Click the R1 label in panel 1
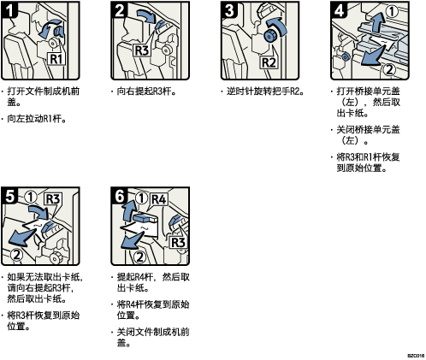[x=56, y=58]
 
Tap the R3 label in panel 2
[x=142, y=50]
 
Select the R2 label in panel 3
[x=269, y=62]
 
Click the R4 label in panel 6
[x=158, y=199]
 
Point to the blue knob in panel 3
[x=269, y=36]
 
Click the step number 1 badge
[x=9, y=10]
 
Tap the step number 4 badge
[x=339, y=10]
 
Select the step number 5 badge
[x=9, y=196]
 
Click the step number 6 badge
[x=120, y=196]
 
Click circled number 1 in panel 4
[x=392, y=11]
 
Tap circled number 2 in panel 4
[x=389, y=69]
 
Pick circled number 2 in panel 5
[x=16, y=255]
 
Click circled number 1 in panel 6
[x=141, y=198]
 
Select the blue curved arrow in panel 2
[x=146, y=15]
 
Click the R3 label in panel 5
[x=53, y=199]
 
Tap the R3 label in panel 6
[x=178, y=243]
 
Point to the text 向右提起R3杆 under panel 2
[x=146, y=91]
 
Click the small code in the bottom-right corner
[x=416, y=356]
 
